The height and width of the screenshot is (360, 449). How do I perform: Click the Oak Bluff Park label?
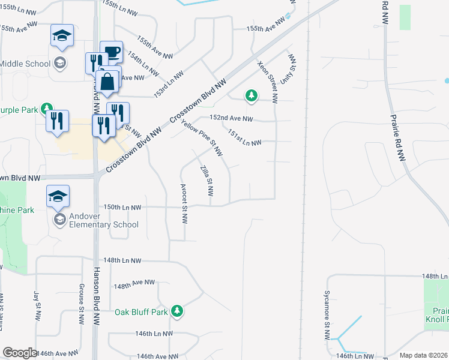coord(142,311)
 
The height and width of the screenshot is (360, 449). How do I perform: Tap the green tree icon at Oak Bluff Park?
coord(176,311)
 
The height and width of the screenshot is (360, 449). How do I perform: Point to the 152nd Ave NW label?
coord(231,119)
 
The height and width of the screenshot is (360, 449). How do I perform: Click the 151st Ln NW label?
coord(244,139)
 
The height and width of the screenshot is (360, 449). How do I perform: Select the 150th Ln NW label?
coord(122,207)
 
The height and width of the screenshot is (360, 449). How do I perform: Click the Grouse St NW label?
coord(81,303)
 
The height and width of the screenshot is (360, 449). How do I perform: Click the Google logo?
coord(20,353)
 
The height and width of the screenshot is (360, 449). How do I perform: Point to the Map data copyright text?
coord(423,355)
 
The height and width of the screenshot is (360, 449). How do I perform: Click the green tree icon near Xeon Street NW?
coord(251,95)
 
